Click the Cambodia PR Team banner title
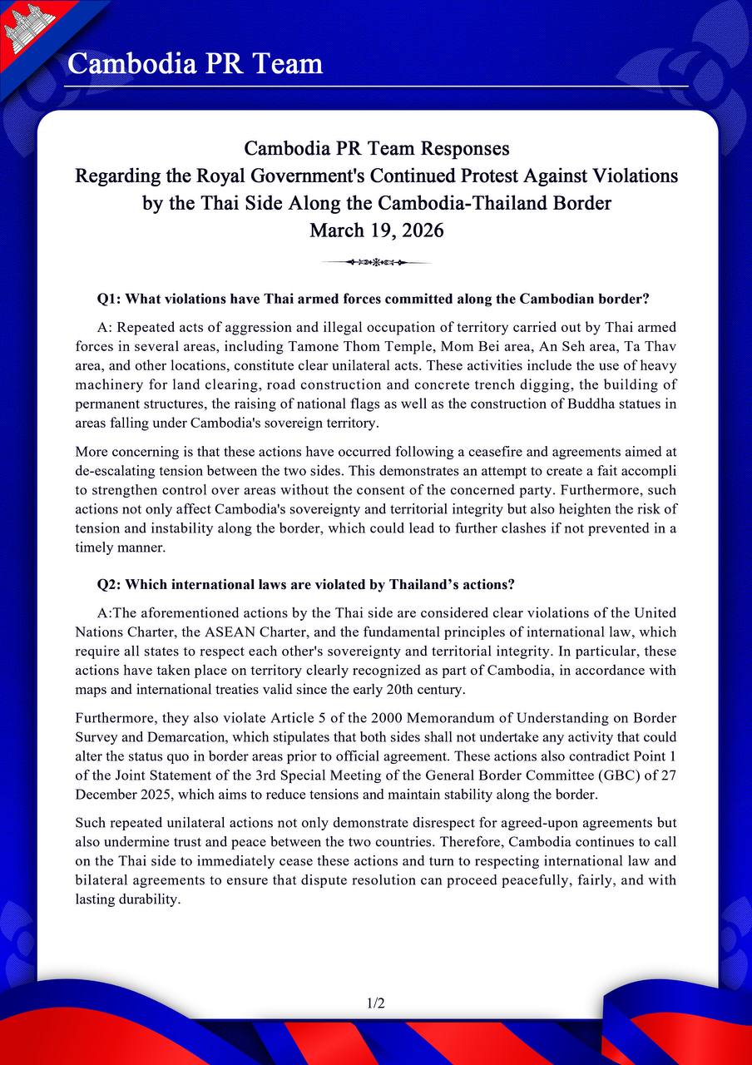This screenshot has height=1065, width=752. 195,63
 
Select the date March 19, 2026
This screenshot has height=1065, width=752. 376,230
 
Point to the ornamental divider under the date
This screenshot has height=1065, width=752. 376,262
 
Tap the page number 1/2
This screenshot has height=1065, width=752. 376,1003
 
